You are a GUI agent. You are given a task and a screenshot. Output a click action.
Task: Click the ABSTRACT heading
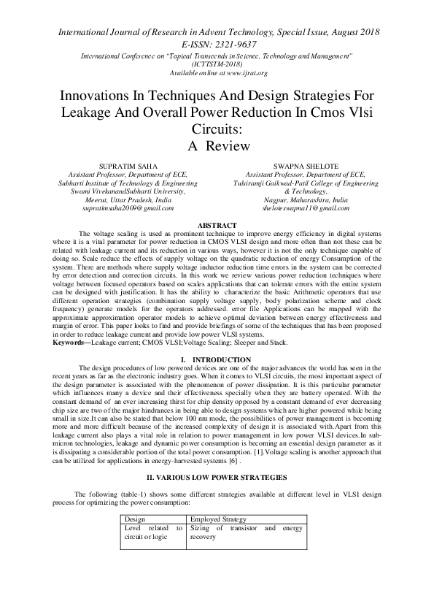coord(217,224)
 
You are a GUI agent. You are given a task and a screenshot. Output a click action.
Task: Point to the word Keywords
coord(76,343)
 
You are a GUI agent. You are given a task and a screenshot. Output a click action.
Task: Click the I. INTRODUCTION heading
coord(217,359)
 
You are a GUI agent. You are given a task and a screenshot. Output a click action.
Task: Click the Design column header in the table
coord(136,518)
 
